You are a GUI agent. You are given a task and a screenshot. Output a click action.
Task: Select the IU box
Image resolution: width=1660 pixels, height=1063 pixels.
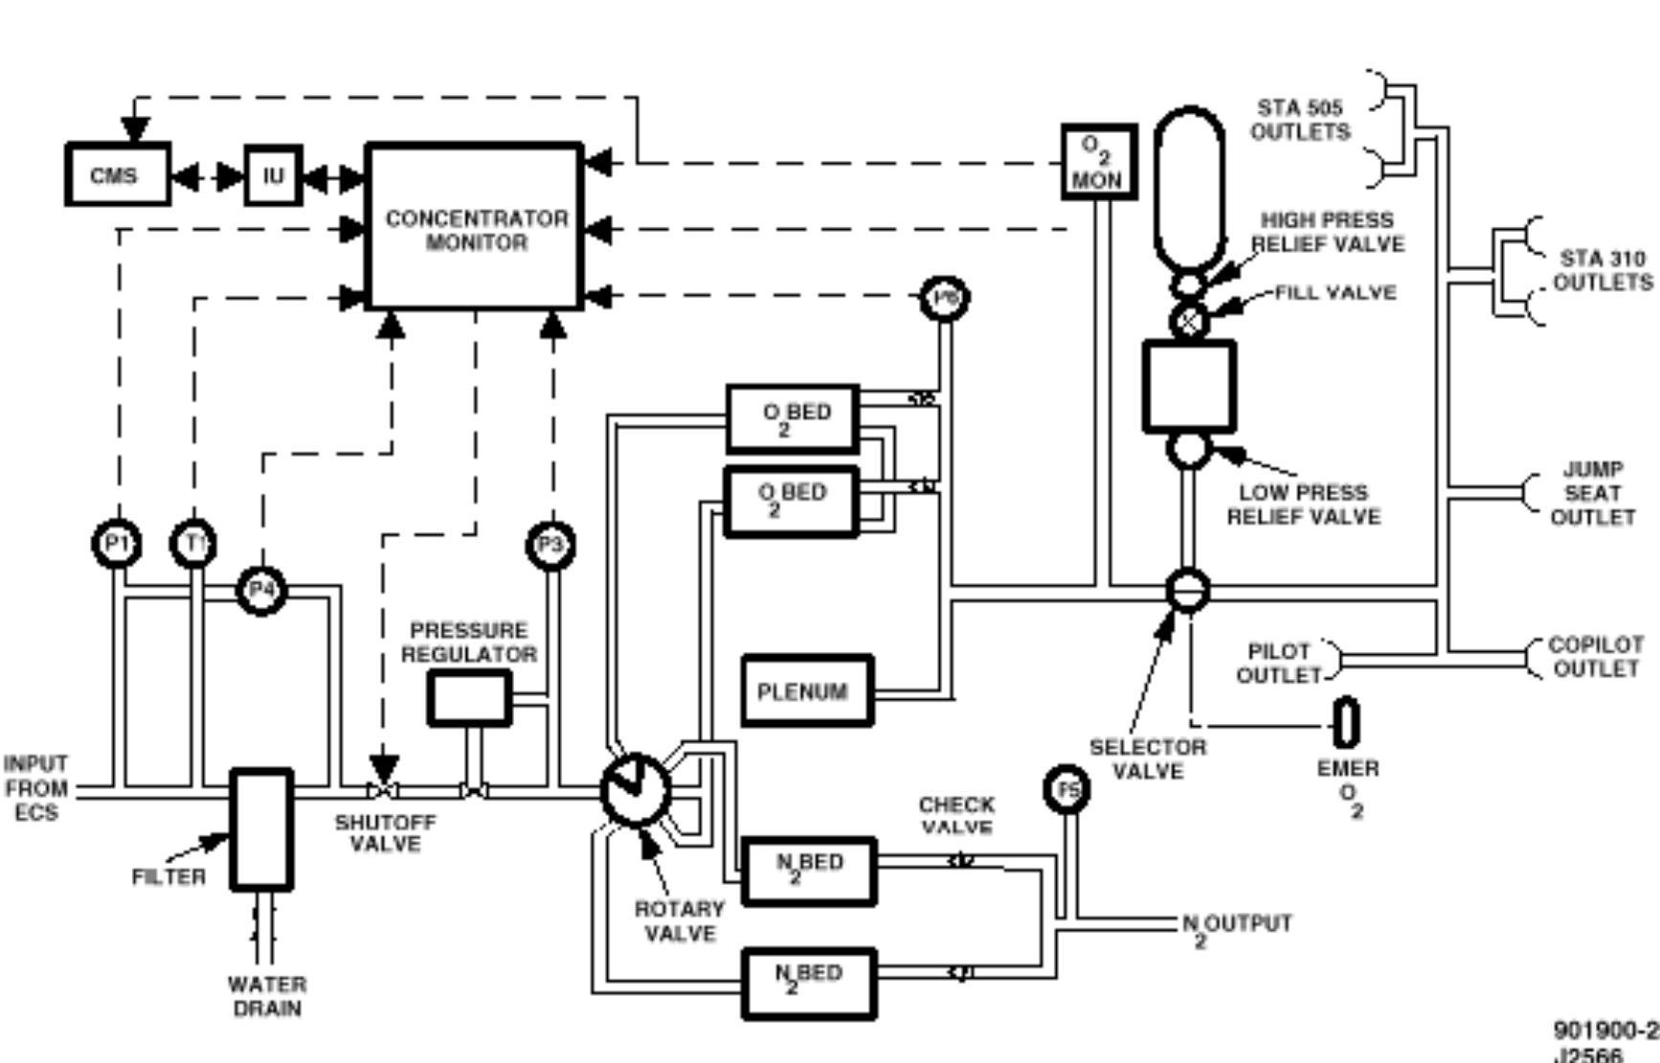coord(273,175)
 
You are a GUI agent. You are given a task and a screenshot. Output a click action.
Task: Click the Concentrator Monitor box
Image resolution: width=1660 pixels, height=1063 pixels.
coord(476,228)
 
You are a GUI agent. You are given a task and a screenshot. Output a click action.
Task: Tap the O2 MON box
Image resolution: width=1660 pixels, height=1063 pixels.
coord(1099,162)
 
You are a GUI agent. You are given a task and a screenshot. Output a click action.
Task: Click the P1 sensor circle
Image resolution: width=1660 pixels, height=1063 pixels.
coord(117,544)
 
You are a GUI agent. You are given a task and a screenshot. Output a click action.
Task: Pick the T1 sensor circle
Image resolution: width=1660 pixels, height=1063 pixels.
coord(194,544)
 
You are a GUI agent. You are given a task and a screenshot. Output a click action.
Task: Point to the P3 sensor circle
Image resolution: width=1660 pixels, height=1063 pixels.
coord(551,545)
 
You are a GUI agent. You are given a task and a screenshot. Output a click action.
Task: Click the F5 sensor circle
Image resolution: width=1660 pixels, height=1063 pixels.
coord(1066,790)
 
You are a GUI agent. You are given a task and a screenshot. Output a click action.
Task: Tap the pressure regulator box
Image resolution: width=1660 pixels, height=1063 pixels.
coord(469,698)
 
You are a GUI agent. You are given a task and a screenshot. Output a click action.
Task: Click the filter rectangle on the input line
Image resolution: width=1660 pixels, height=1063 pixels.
coord(262,829)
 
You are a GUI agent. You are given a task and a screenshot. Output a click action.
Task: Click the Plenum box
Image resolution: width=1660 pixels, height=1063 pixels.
coord(806,690)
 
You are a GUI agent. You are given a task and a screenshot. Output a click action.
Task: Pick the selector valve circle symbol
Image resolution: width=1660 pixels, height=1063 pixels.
coord(1188,591)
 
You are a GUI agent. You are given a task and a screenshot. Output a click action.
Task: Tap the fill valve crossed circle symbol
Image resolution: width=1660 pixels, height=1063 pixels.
coord(1189,321)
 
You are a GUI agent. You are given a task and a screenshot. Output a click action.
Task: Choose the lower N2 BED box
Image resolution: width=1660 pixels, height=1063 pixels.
coord(809,983)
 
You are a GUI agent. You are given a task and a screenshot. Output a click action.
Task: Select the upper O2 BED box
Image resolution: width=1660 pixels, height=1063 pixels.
coord(793,418)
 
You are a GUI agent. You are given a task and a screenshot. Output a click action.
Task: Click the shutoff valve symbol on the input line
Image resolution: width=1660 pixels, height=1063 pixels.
coord(384,791)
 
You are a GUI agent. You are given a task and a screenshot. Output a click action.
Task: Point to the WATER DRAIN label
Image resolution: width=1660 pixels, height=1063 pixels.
coord(267,996)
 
